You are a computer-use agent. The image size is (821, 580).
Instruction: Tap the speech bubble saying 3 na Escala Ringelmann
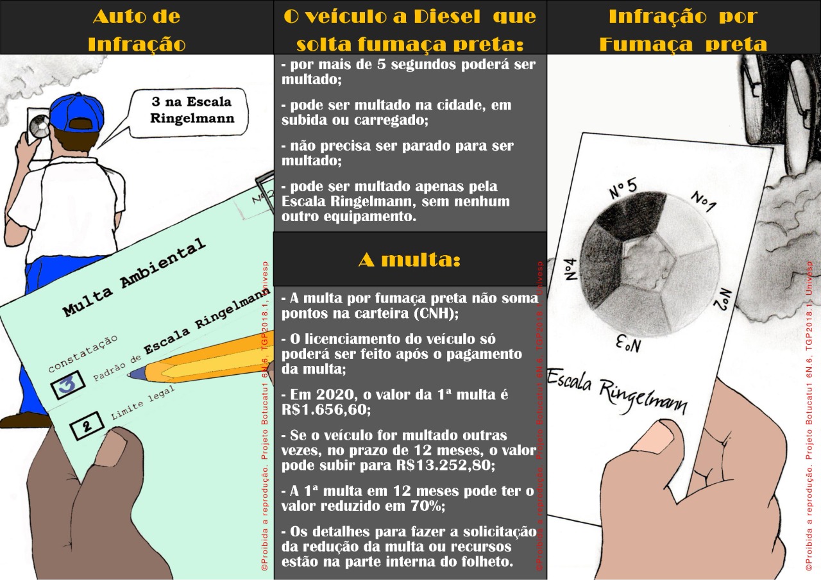coord(191,110)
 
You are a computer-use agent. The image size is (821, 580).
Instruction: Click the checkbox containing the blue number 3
coord(68,383)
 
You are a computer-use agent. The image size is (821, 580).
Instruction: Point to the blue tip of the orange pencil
coord(136,374)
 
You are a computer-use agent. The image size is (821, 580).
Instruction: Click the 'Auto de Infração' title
coord(136,29)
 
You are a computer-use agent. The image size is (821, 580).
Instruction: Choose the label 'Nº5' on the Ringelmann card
coord(622,188)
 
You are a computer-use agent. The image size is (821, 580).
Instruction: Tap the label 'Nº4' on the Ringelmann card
coord(573,269)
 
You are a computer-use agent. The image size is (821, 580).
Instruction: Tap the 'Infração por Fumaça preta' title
coord(683,29)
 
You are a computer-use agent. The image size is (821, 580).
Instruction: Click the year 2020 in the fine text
coord(332,394)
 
